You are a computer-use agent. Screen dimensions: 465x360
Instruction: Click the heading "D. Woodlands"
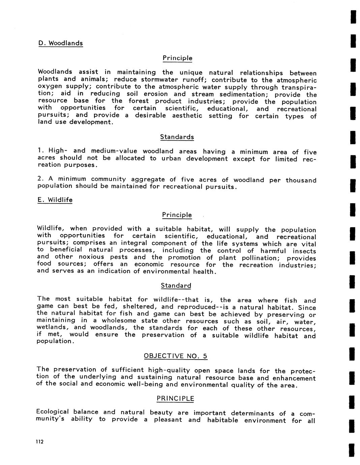click(x=60, y=43)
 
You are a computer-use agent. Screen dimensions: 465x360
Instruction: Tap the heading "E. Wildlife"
click(x=55, y=200)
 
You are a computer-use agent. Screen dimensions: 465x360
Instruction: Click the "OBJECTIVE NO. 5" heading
click(x=176, y=356)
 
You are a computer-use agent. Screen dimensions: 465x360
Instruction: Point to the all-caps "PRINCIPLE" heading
click(x=175, y=399)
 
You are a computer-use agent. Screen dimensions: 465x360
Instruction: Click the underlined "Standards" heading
click(x=177, y=137)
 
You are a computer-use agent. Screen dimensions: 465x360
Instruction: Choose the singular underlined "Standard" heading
click(x=176, y=286)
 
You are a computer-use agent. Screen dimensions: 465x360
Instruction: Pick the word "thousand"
click(x=301, y=180)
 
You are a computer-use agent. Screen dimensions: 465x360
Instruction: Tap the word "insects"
click(x=304, y=251)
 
